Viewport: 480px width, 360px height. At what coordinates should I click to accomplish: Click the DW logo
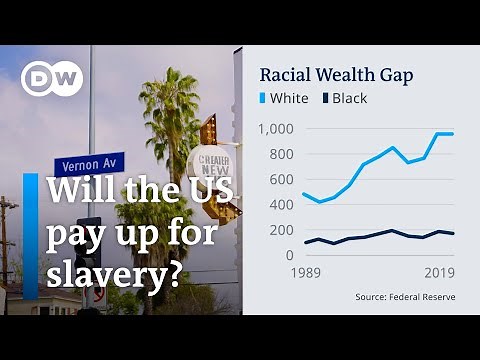(52, 79)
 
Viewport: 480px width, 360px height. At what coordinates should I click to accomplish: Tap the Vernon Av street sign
(90, 165)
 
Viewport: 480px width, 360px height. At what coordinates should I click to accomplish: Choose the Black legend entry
(342, 98)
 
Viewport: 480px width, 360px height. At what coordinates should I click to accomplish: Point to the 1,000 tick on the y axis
(275, 129)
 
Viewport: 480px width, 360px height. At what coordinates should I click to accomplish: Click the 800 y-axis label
(281, 154)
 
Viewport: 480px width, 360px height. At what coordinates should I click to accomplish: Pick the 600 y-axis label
(281, 179)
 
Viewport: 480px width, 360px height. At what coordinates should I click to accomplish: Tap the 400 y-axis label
(281, 205)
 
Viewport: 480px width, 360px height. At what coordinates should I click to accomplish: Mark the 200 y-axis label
(281, 230)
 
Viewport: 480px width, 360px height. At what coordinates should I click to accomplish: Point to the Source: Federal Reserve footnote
(403, 297)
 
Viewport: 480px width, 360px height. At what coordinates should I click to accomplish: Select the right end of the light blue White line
(452, 134)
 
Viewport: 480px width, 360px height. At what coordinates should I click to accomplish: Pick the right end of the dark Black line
(452, 234)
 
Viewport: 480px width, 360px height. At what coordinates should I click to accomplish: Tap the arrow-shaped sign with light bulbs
(210, 130)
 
